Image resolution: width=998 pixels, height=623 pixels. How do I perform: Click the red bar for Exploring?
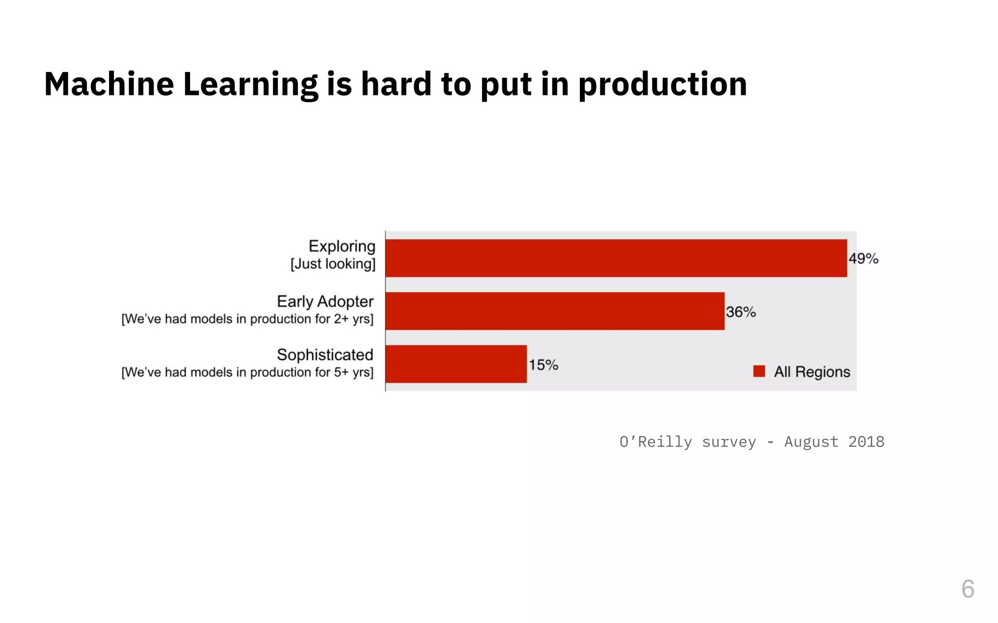pos(616,258)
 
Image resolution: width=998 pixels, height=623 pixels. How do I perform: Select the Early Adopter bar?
pos(555,311)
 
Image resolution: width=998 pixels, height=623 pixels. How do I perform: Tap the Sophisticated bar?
pos(456,364)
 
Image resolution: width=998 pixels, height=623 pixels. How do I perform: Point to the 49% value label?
pos(864,258)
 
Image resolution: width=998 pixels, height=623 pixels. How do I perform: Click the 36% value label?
pos(741,312)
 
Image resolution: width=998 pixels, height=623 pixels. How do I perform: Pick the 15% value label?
pos(543,365)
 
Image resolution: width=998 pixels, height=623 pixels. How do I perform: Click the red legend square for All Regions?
pos(759,371)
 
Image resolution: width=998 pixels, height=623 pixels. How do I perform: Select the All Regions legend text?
pos(812,372)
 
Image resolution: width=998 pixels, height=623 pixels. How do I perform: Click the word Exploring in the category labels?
pos(342,246)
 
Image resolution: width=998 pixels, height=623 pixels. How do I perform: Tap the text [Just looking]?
pos(333,264)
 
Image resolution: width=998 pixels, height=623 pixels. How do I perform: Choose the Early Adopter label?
pos(325,301)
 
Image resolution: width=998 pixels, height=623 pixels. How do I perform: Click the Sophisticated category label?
pos(325,355)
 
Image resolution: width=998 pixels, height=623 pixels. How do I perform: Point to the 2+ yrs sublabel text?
pos(353,319)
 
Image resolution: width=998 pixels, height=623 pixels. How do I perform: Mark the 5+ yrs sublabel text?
pos(353,372)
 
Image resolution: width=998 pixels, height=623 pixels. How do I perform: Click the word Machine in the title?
pos(109,84)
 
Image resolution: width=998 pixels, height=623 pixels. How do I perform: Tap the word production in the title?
pos(662,85)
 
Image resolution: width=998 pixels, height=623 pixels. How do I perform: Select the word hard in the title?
pos(396,84)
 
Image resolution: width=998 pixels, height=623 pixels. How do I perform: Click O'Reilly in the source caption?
pos(655,442)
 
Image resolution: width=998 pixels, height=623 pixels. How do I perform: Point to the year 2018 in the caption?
pos(866,442)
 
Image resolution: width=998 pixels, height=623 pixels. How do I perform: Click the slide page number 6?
pos(968,589)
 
